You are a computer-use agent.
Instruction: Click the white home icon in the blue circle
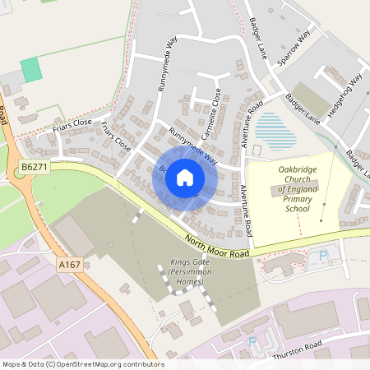185,177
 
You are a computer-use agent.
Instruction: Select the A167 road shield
71,264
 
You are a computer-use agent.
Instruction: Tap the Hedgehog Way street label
345,95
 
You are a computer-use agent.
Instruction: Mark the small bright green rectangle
31,70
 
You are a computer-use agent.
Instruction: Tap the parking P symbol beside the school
322,257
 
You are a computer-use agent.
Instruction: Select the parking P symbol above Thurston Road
252,340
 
